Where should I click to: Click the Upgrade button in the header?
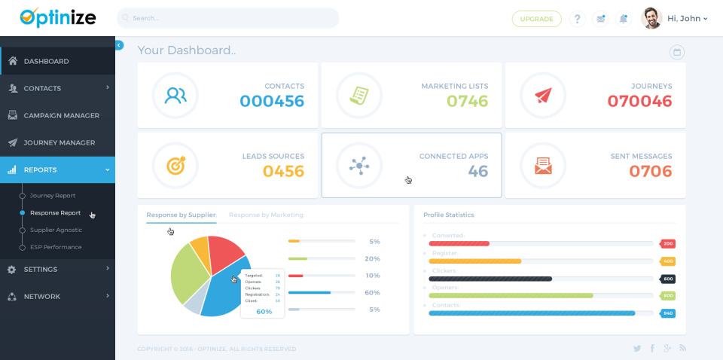[x=536, y=19]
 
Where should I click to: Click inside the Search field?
[x=227, y=18]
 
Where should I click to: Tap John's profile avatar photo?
[x=651, y=18]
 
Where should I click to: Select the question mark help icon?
[x=577, y=19]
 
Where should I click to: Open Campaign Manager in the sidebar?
[x=61, y=115]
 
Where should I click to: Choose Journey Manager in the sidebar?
[x=59, y=142]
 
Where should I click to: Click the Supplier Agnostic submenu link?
[x=56, y=230]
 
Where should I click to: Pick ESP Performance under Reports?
[x=56, y=247]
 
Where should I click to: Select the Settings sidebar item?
[x=40, y=269]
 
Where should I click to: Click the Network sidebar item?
[x=41, y=296]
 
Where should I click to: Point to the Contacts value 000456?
[x=272, y=101]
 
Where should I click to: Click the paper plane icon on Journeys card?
[x=543, y=96]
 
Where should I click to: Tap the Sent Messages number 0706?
[x=650, y=171]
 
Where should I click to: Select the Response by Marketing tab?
[x=267, y=215]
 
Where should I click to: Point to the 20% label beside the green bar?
[x=372, y=258]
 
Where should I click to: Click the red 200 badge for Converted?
[x=667, y=243]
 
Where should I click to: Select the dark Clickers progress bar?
[x=490, y=279]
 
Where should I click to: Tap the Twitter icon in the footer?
[x=637, y=349]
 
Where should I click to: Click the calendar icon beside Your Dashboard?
[x=676, y=52]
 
